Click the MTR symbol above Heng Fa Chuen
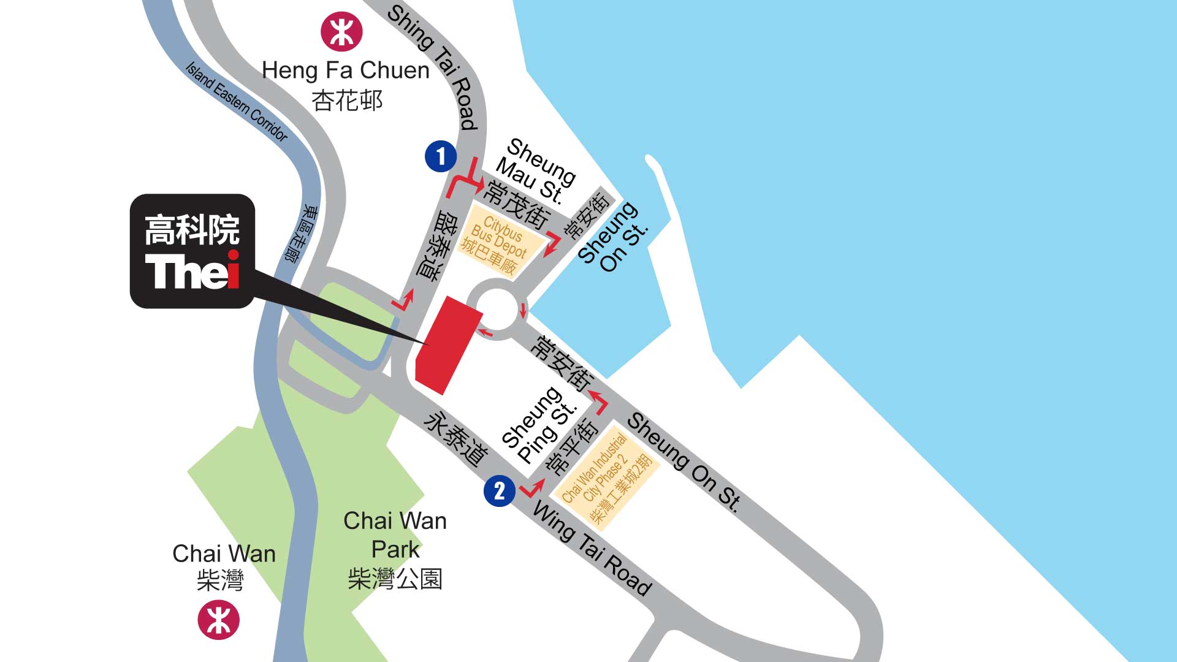tap(341, 31)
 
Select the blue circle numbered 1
tap(441, 156)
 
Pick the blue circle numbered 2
tap(500, 490)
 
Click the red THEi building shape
tap(448, 344)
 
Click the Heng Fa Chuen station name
tap(345, 70)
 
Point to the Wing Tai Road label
tap(592, 547)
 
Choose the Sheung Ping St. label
tap(538, 424)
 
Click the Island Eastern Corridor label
tap(236, 101)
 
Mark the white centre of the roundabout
tap(495, 309)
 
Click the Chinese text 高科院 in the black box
tap(192, 230)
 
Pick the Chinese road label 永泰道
tap(455, 439)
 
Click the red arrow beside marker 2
tap(532, 489)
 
